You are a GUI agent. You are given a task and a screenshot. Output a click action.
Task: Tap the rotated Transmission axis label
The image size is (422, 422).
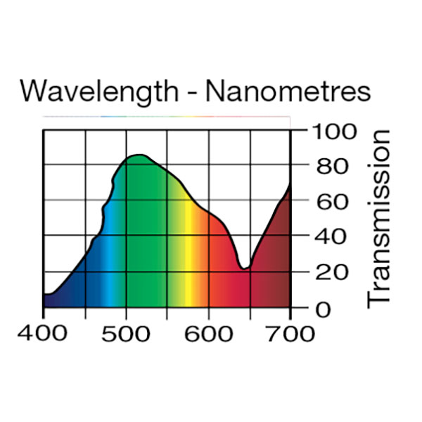(378, 218)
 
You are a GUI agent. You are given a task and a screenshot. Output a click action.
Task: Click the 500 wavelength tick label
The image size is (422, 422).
(127, 333)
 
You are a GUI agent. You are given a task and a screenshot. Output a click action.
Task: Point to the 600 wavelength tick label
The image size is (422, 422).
(208, 333)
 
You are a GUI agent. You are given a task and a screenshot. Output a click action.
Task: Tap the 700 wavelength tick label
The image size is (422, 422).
(290, 333)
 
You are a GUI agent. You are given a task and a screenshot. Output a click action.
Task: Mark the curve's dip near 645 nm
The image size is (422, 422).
(244, 267)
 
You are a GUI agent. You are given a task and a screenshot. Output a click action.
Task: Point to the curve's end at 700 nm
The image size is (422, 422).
(290, 184)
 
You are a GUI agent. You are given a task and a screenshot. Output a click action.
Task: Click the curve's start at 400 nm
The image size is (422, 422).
(44, 294)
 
